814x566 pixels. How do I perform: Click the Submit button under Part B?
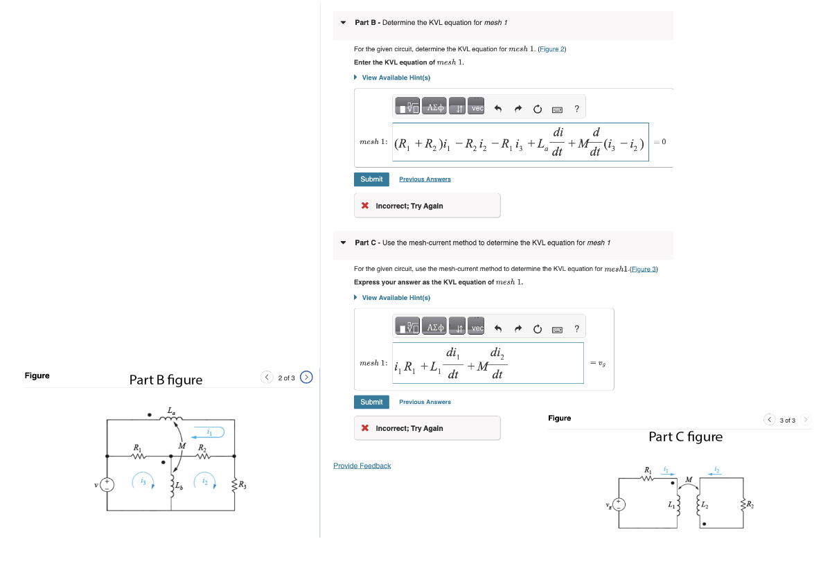[371, 179]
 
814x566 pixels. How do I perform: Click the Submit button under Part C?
[371, 403]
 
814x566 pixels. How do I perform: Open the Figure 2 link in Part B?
[552, 49]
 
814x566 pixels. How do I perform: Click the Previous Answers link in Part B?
[425, 179]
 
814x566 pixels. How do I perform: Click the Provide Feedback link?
[362, 466]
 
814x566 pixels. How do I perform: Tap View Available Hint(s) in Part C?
[396, 298]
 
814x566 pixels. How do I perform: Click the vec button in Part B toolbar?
[477, 107]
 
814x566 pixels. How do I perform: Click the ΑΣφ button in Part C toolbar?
[435, 328]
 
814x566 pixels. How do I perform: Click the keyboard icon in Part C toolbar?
[557, 329]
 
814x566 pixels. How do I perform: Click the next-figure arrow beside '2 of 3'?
[307, 378]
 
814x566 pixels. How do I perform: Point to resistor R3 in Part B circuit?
[235, 484]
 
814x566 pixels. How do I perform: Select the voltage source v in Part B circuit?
[107, 484]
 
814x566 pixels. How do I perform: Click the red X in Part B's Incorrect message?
[365, 206]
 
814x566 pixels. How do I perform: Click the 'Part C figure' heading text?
[684, 437]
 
